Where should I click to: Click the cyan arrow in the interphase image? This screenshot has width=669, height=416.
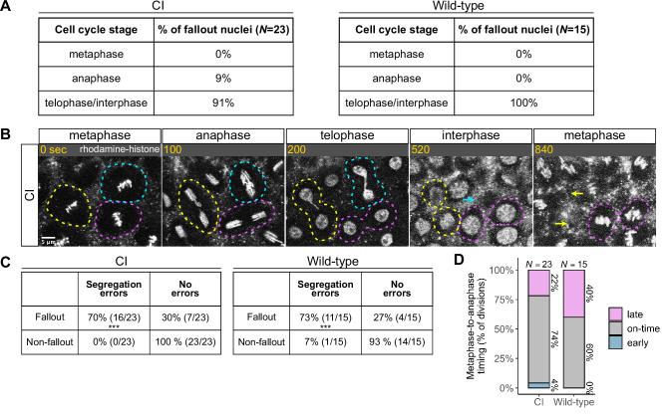[468, 200]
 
